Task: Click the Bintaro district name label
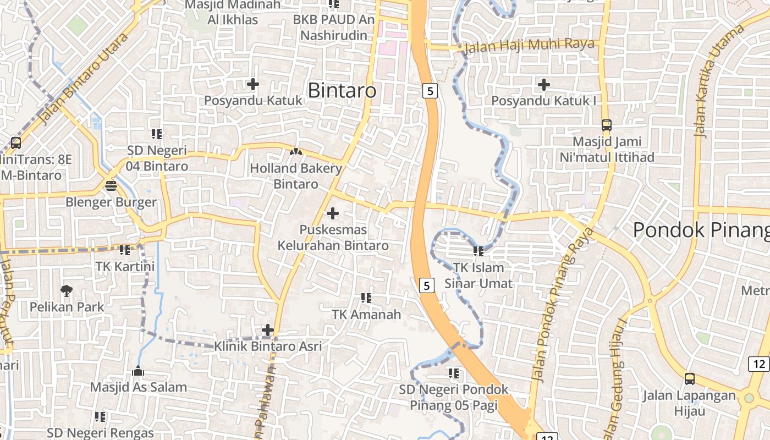[x=342, y=91]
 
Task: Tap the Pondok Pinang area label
[x=701, y=230]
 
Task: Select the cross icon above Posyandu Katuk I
[x=543, y=85]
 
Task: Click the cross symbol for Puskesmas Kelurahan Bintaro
[x=333, y=213]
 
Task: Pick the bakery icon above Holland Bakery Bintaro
[x=296, y=151]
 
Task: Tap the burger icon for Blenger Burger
[x=111, y=185]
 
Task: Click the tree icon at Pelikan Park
[x=67, y=290]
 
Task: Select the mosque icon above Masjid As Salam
[x=138, y=371]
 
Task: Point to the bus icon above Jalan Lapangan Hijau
[x=689, y=378]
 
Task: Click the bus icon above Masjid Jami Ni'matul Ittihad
[x=606, y=125]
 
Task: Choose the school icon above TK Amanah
[x=366, y=298]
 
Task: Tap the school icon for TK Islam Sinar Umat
[x=478, y=251]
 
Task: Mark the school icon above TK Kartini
[x=125, y=250]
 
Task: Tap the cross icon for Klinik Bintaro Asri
[x=268, y=330]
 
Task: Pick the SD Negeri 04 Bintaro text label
[x=157, y=158]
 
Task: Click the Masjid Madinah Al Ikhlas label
[x=233, y=12]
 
